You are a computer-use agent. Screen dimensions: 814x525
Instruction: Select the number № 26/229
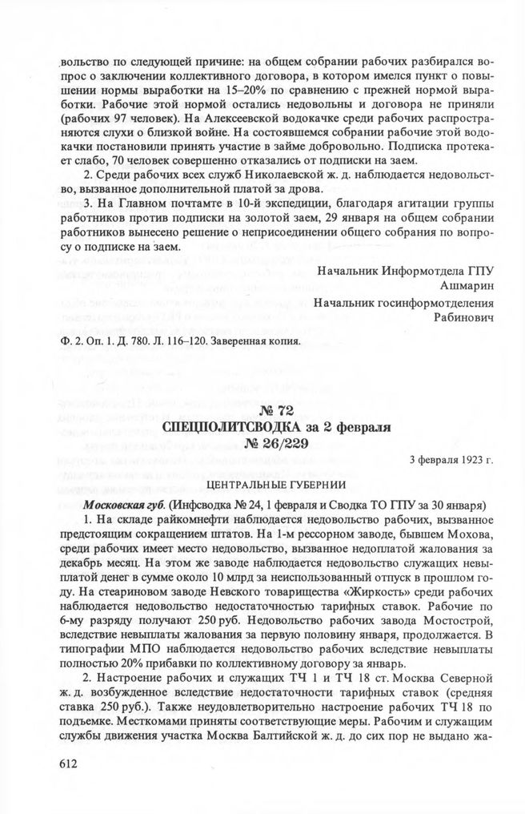(x=275, y=445)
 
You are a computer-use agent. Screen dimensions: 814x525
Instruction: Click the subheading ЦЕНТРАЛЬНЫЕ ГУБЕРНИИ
(x=275, y=485)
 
